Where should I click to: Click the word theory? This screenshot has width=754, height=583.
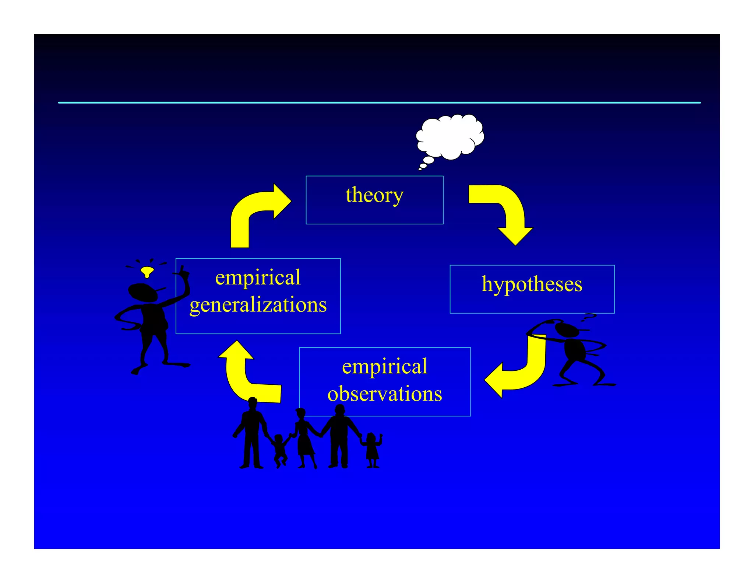[374, 195]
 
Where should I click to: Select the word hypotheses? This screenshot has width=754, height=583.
[532, 284]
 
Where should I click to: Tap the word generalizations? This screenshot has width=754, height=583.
[258, 305]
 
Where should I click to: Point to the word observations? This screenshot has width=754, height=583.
[385, 394]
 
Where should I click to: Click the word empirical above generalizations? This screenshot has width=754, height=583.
[258, 277]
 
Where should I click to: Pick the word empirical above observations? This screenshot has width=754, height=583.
[385, 366]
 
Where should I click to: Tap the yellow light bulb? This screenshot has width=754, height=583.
[147, 272]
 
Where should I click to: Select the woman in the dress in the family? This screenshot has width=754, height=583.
[304, 437]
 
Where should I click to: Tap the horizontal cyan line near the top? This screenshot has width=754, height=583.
[379, 102]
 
